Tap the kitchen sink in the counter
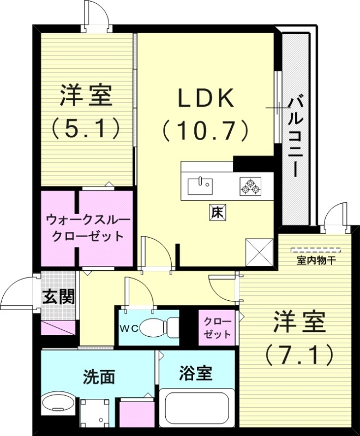(x=200, y=186)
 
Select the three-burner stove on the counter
(x=250, y=186)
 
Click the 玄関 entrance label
(x=58, y=297)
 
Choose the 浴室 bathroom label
(x=196, y=374)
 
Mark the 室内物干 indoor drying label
(x=316, y=261)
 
